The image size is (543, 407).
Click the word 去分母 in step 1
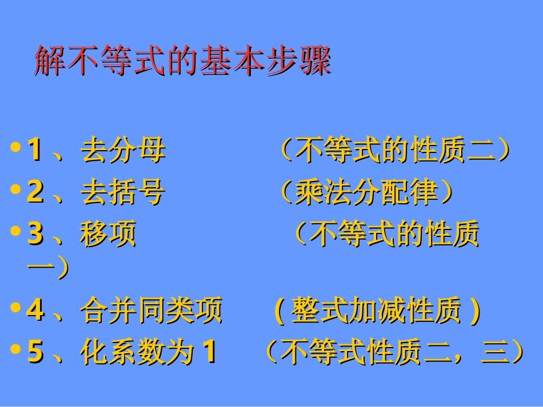123,151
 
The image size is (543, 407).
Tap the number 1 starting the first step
35,151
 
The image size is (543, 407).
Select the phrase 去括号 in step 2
123,192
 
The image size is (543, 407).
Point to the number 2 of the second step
35,192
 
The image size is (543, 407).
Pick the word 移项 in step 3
109,234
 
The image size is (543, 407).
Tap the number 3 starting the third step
35,234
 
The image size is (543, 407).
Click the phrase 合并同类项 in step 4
151,311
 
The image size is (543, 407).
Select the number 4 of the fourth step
35,311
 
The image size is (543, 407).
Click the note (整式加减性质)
377,311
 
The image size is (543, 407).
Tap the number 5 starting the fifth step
35,352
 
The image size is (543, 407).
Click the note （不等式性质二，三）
394,352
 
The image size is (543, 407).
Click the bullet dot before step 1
15,147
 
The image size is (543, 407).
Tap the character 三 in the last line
495,353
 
